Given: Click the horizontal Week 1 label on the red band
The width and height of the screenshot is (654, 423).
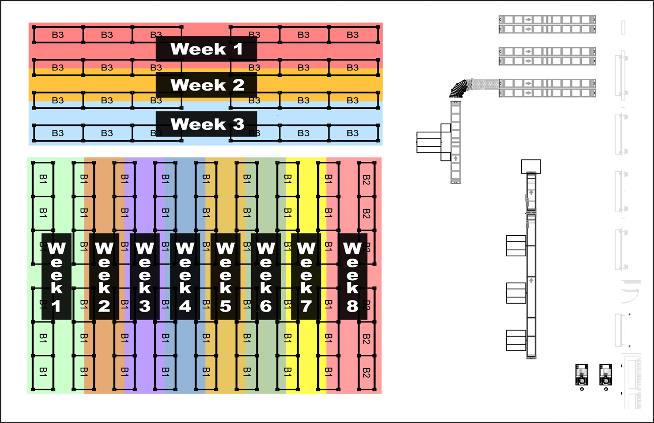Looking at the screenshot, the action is pyautogui.click(x=206, y=49).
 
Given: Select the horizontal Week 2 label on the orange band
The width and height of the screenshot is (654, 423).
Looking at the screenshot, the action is pyautogui.click(x=206, y=85).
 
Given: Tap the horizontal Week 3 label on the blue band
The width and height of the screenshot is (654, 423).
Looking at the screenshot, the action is pyautogui.click(x=206, y=124).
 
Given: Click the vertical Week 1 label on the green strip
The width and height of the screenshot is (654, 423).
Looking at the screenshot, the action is pyautogui.click(x=56, y=276).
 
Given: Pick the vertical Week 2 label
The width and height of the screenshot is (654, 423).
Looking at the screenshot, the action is pyautogui.click(x=104, y=276).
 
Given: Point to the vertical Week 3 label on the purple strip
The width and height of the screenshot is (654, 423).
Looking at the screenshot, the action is pyautogui.click(x=144, y=276).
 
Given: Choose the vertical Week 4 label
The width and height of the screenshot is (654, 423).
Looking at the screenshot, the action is pyautogui.click(x=185, y=276).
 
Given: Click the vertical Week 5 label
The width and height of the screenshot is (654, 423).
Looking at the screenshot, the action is pyautogui.click(x=225, y=276).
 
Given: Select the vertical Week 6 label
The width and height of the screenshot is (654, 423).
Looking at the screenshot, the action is pyautogui.click(x=266, y=276).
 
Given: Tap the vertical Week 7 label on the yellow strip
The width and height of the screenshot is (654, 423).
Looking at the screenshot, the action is pyautogui.click(x=306, y=276).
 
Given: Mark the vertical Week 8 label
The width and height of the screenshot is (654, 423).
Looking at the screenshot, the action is pyautogui.click(x=352, y=276).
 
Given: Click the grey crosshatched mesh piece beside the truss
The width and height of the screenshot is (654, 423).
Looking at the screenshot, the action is pyautogui.click(x=482, y=84).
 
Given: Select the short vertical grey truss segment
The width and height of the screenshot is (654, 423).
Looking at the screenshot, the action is pyautogui.click(x=455, y=142).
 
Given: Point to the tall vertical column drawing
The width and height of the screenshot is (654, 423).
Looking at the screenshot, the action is pyautogui.click(x=531, y=265).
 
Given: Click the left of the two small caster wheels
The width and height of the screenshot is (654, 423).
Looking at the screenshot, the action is pyautogui.click(x=581, y=378).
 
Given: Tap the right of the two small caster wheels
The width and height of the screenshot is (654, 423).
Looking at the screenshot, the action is pyautogui.click(x=605, y=378).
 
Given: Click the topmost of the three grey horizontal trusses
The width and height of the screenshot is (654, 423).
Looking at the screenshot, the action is pyautogui.click(x=547, y=25).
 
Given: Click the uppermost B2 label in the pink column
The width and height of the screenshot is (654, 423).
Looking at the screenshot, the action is pyautogui.click(x=366, y=180).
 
